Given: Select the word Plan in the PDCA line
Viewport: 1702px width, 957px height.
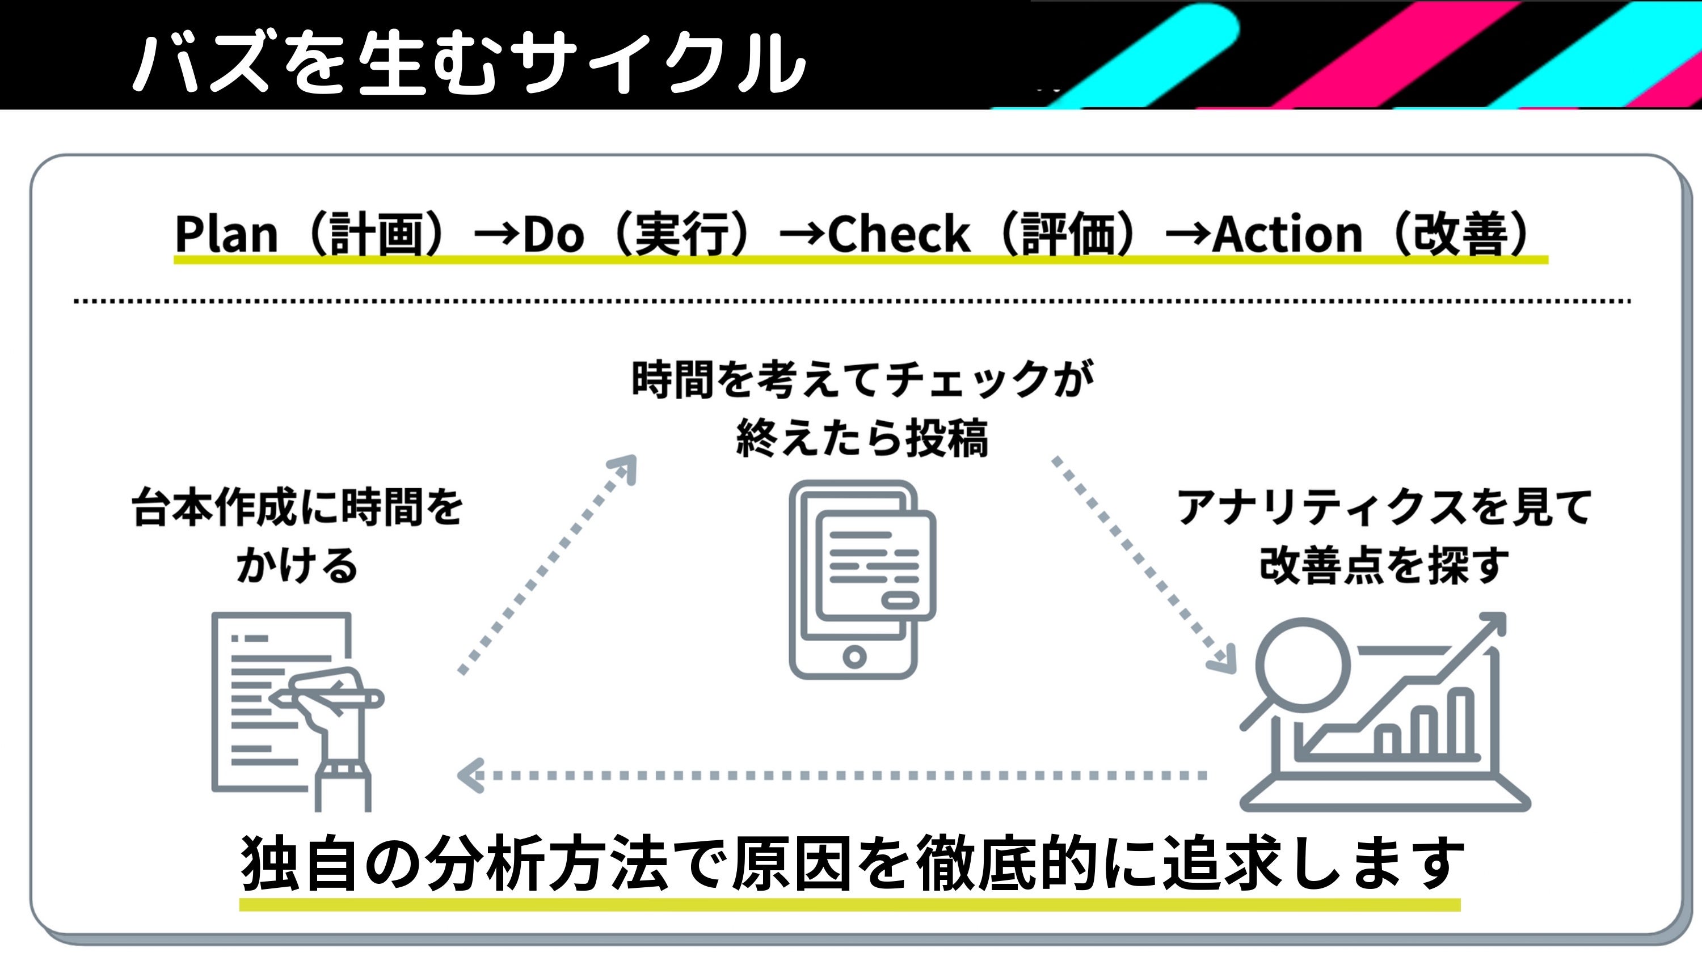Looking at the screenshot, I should click(226, 235).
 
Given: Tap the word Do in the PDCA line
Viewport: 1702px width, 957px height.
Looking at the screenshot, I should click(554, 235).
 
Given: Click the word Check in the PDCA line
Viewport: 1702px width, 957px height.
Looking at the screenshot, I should click(899, 235).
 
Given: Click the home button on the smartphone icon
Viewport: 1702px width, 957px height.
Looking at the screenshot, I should click(854, 657).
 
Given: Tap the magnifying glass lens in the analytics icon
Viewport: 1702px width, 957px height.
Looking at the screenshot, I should click(1301, 664).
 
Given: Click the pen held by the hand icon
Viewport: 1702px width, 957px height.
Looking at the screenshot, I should click(330, 697).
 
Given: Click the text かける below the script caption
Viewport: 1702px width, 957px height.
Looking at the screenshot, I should click(297, 565).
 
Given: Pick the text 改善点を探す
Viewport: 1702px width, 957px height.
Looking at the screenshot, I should click(1384, 565).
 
